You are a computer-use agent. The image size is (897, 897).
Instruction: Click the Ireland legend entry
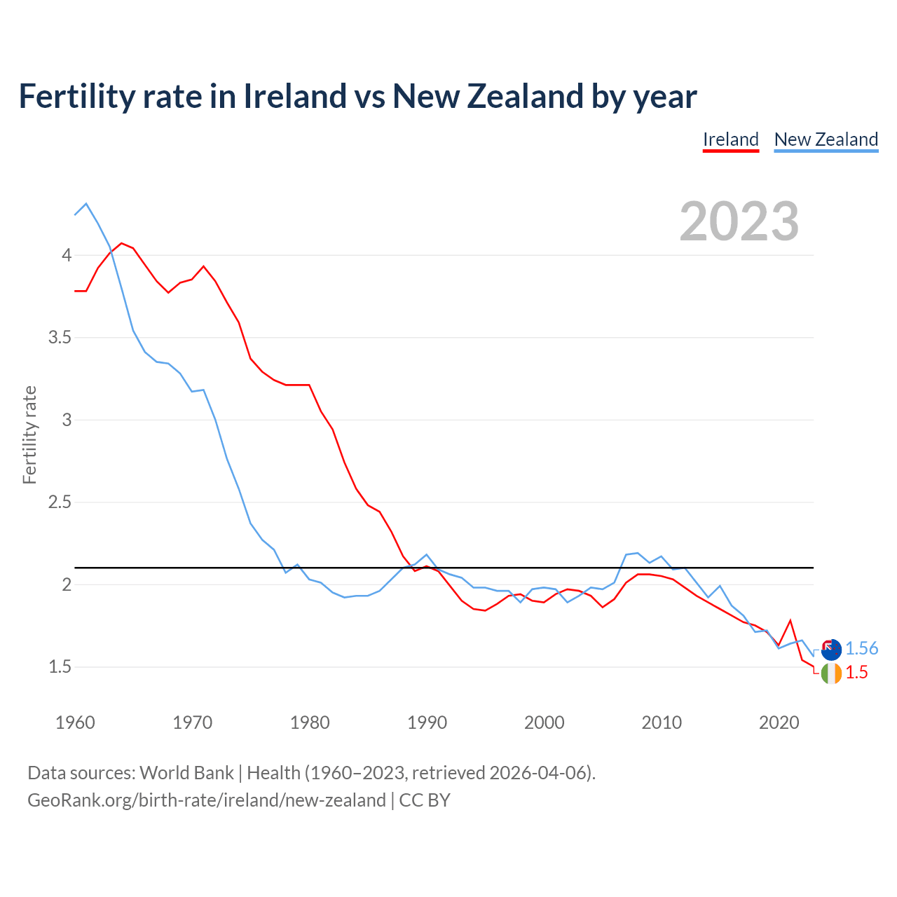pyautogui.click(x=730, y=139)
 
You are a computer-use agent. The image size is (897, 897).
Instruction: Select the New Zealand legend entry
pyautogui.click(x=826, y=139)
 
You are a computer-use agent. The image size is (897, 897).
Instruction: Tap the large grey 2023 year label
pyautogui.click(x=739, y=221)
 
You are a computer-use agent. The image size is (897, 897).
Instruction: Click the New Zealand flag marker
pyautogui.click(x=830, y=650)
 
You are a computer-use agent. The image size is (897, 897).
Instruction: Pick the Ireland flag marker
pyautogui.click(x=830, y=673)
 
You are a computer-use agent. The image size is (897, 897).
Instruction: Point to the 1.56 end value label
pyautogui.click(x=861, y=649)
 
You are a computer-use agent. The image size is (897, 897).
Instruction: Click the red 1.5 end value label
pyautogui.click(x=856, y=673)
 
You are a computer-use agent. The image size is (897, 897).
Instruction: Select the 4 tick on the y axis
pyautogui.click(x=67, y=255)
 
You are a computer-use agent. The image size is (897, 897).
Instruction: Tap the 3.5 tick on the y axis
pyautogui.click(x=60, y=338)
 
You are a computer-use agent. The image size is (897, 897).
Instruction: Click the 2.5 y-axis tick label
pyautogui.click(x=60, y=502)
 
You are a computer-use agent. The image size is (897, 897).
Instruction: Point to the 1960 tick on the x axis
pyautogui.click(x=75, y=723)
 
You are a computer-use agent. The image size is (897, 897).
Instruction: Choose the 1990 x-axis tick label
pyautogui.click(x=427, y=723)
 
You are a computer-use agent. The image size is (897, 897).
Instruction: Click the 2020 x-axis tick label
pyautogui.click(x=779, y=723)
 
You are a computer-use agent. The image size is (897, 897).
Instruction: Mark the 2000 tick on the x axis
pyautogui.click(x=544, y=723)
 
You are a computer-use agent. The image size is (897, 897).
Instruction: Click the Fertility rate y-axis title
pyautogui.click(x=29, y=434)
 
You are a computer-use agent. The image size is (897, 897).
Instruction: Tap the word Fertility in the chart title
pyautogui.click(x=76, y=97)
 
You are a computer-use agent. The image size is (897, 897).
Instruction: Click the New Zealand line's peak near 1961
pyautogui.click(x=86, y=204)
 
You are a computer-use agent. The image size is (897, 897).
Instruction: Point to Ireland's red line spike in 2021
pyautogui.click(x=790, y=620)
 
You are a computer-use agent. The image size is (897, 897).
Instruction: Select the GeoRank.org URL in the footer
pyautogui.click(x=206, y=800)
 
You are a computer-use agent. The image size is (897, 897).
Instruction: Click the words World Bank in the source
pyautogui.click(x=186, y=773)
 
